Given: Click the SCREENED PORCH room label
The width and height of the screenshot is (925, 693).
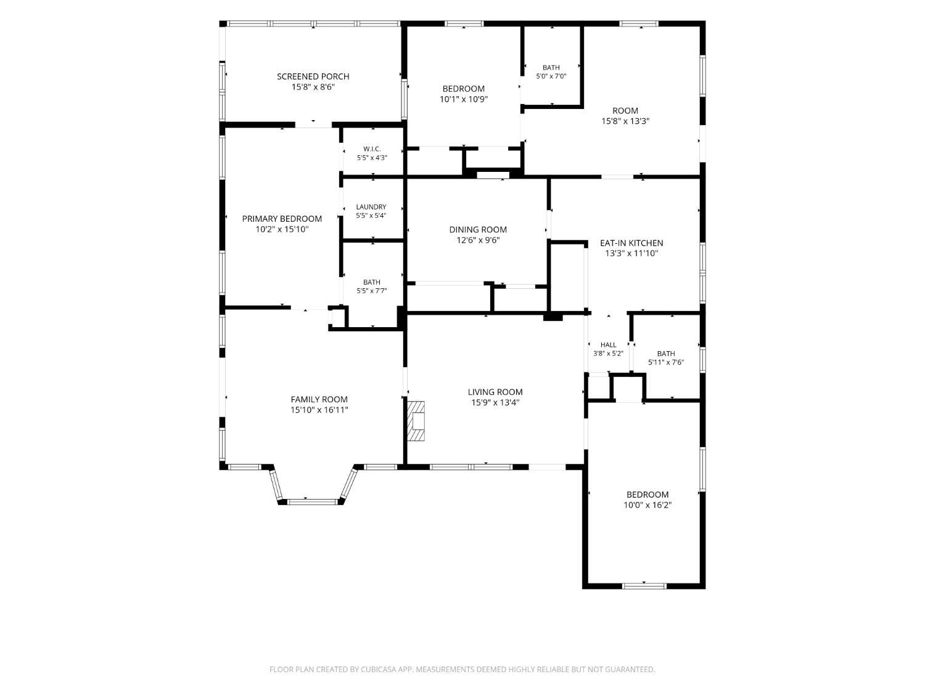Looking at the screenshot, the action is click(x=313, y=76).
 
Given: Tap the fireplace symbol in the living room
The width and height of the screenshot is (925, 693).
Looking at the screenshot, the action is click(x=416, y=421).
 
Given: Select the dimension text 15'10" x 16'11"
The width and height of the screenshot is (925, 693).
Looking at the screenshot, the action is click(x=319, y=410).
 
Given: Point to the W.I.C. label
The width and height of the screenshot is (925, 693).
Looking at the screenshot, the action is click(x=372, y=149).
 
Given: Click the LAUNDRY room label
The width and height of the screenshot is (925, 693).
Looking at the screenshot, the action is click(x=371, y=206).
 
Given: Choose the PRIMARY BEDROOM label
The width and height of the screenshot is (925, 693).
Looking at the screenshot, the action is click(x=281, y=219).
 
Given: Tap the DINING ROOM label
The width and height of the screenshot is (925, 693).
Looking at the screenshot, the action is click(x=477, y=229).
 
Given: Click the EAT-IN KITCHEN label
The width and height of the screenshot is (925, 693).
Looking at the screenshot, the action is click(x=631, y=243).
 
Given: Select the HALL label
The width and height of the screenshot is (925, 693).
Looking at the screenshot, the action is click(x=608, y=344).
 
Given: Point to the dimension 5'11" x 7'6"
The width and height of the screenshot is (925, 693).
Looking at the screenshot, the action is click(x=665, y=362).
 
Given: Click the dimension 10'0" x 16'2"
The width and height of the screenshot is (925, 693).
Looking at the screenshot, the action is click(x=647, y=505).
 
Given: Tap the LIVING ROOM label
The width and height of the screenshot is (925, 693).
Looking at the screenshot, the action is click(x=495, y=392).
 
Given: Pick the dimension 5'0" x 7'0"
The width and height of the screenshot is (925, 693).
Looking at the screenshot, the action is click(x=551, y=76).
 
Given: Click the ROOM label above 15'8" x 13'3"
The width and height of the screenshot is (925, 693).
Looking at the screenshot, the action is click(x=625, y=111).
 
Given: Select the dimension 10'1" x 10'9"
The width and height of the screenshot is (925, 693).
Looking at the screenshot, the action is click(x=464, y=99).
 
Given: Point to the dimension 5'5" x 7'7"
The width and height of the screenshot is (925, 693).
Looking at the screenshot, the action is click(x=371, y=290).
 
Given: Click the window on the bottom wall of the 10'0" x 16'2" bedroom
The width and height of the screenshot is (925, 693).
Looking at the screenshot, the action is click(x=644, y=586).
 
